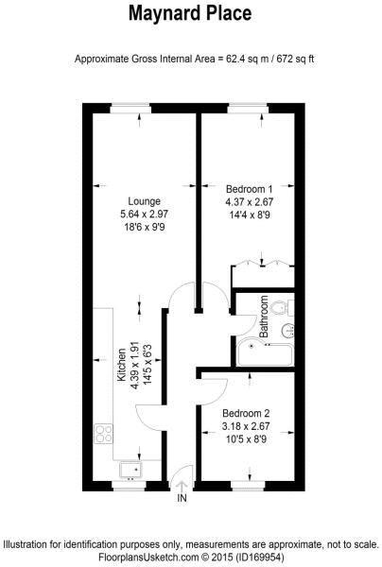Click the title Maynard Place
(x=190, y=14)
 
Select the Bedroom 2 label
(x=247, y=413)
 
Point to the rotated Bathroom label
(x=265, y=318)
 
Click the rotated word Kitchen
(x=120, y=362)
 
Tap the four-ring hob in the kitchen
(x=104, y=436)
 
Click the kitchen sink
(x=130, y=468)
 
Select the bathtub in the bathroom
(x=269, y=351)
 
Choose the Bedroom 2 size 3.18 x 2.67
(x=247, y=426)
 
